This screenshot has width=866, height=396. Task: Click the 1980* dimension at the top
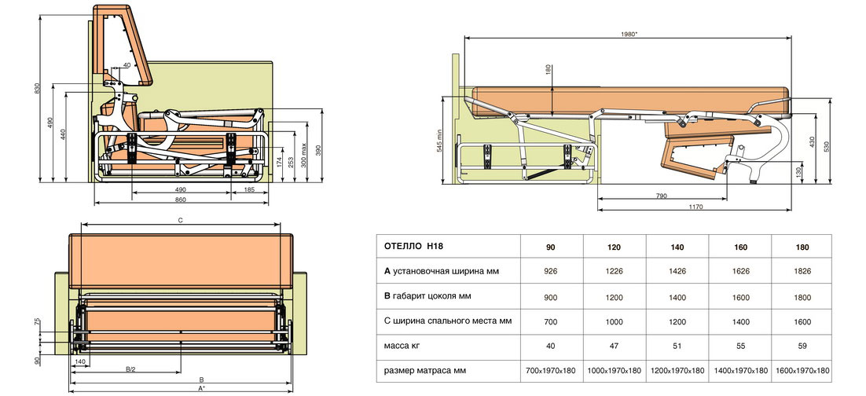[x=627, y=34]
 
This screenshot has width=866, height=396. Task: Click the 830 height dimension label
[x=37, y=89]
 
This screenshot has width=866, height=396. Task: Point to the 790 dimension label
[x=662, y=195]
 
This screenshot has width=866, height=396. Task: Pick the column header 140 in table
[x=677, y=247]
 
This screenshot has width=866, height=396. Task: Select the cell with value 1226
[x=615, y=272]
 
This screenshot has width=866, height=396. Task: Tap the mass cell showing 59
[x=802, y=345]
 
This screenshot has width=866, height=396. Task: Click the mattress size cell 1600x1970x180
[x=802, y=370]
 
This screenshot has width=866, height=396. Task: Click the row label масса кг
[x=403, y=345]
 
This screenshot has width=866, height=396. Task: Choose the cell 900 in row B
[x=551, y=296]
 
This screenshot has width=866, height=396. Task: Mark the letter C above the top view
[x=181, y=222]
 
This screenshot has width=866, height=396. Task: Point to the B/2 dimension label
[x=130, y=368]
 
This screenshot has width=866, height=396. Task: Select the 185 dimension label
[x=249, y=190]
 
